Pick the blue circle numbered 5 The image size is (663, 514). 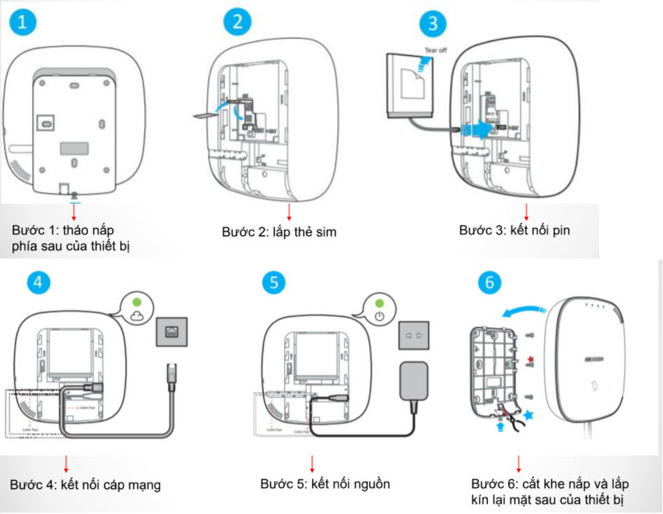275,282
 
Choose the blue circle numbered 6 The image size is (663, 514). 490,282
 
